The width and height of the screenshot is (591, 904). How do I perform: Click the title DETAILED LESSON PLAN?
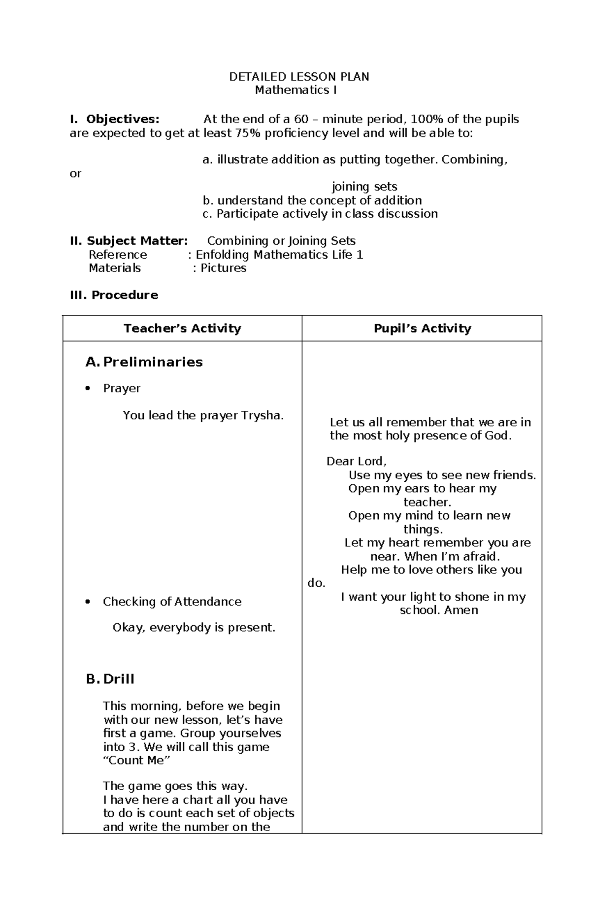point(299,77)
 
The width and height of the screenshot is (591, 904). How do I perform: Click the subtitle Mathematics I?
point(295,90)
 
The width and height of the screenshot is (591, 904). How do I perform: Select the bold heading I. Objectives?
point(115,119)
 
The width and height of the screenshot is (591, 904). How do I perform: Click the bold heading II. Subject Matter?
point(129,241)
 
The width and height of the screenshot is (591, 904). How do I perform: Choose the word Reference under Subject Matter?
point(118,255)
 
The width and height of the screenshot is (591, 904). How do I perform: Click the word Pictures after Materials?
point(223,268)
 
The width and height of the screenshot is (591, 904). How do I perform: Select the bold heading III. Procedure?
point(114,295)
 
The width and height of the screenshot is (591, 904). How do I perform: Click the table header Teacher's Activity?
point(182,329)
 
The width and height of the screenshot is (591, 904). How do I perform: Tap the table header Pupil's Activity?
point(422,329)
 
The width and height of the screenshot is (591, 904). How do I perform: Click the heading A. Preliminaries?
point(144,362)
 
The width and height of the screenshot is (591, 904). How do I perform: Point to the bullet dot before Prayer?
point(88,388)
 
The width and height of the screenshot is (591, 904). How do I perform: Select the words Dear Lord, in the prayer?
point(357,462)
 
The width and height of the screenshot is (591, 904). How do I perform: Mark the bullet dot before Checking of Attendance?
point(88,602)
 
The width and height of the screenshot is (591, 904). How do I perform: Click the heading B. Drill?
point(110,679)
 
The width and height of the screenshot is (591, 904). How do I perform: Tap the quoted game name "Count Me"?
point(136,760)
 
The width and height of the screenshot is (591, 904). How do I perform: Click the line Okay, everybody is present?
point(194,628)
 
